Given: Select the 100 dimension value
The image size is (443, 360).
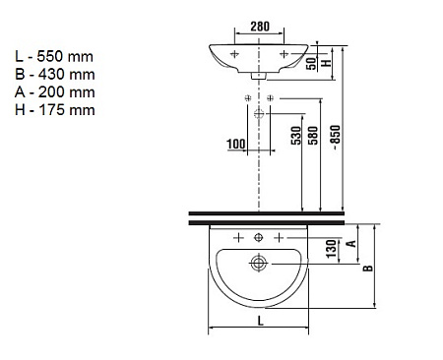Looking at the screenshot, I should pyautogui.click(x=236, y=144).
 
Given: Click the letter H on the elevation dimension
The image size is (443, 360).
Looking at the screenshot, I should pyautogui.click(x=331, y=64).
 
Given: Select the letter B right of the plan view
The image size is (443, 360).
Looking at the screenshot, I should pyautogui.click(x=369, y=266).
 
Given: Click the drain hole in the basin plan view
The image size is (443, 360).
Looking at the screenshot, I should pyautogui.click(x=259, y=263).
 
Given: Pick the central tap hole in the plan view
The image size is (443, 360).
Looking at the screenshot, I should pyautogui.click(x=259, y=238).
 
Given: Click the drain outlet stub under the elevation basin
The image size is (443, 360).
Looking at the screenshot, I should pyautogui.click(x=258, y=76).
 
